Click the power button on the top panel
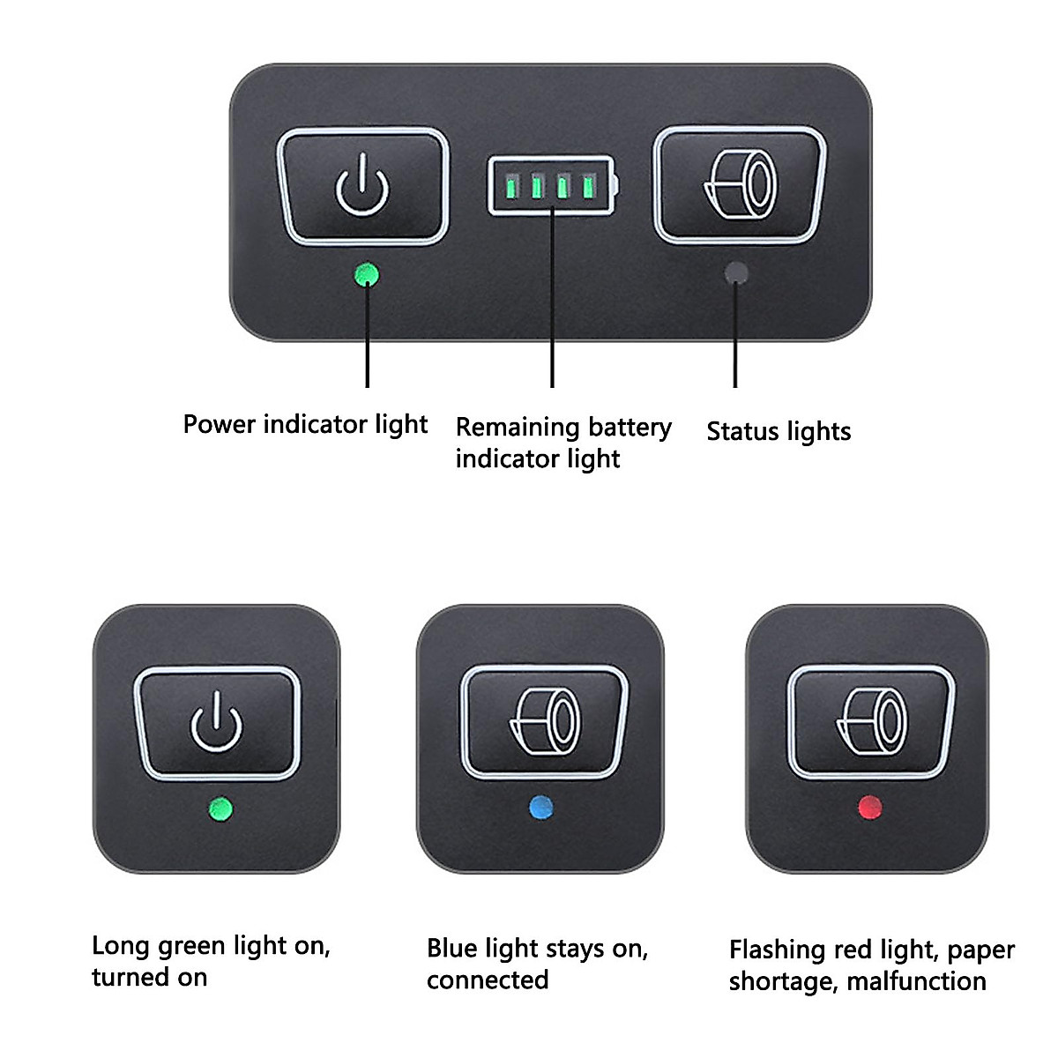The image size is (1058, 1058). pyautogui.click(x=362, y=186)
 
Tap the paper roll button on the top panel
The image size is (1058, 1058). pyautogui.click(x=740, y=184)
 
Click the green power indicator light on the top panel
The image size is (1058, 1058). pyautogui.click(x=366, y=276)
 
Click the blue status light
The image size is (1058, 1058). pyautogui.click(x=540, y=807)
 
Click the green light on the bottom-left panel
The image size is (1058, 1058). pyautogui.click(x=218, y=808)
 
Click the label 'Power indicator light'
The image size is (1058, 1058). pyautogui.click(x=305, y=425)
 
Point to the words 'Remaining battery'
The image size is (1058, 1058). pyautogui.click(x=563, y=428)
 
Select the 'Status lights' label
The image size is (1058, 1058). pyautogui.click(x=779, y=432)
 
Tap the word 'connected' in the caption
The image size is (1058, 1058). pyautogui.click(x=488, y=980)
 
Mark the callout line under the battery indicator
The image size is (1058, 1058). pyautogui.click(x=552, y=300)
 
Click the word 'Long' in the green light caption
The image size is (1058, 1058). pyautogui.click(x=121, y=947)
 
